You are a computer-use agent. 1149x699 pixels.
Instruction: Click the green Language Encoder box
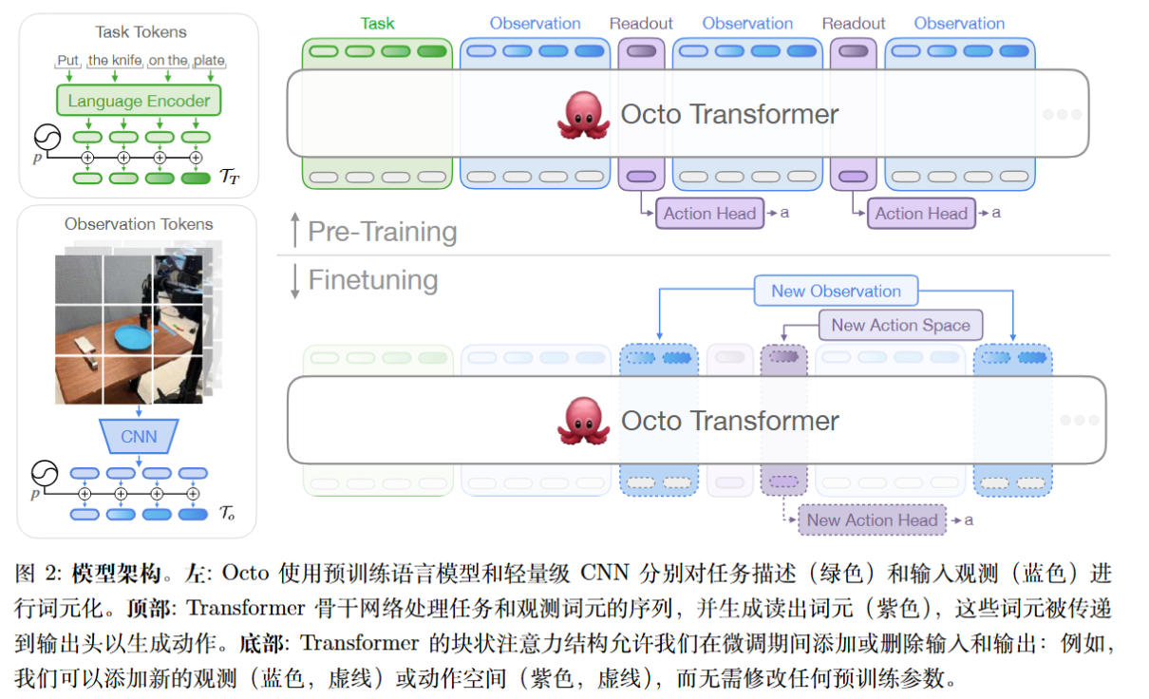tap(139, 101)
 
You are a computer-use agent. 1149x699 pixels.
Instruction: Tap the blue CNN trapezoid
tap(139, 438)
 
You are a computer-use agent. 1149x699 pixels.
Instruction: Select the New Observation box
tap(836, 292)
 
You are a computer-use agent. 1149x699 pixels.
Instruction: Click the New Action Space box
tap(900, 325)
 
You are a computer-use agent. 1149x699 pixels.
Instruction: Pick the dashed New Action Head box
tap(872, 520)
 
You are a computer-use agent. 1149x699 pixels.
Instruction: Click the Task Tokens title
tap(139, 32)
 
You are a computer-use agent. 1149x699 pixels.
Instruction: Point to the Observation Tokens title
tap(139, 224)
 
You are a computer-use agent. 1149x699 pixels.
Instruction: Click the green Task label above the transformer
tap(377, 23)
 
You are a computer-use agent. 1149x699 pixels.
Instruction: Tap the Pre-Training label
tap(383, 232)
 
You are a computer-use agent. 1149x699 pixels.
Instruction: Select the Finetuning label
tap(373, 280)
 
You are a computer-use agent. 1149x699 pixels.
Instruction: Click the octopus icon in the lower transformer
tap(583, 420)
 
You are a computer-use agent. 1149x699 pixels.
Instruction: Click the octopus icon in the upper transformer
tap(583, 114)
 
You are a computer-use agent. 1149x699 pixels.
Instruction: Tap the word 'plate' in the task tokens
tap(209, 61)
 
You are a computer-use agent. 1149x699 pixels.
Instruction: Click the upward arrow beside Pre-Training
tap(294, 231)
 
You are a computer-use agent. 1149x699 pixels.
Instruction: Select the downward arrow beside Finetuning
tap(294, 281)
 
